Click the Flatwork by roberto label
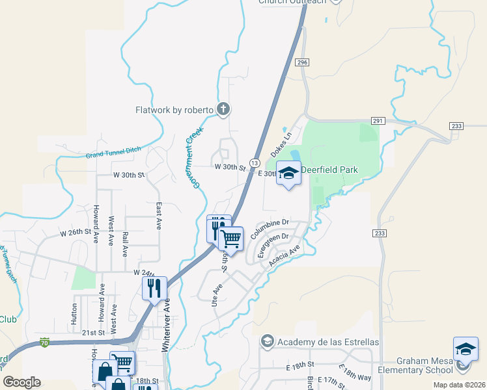point(174,110)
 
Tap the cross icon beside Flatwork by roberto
point(223,109)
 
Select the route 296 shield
point(301,62)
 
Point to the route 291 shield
point(378,121)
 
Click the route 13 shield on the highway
point(254,162)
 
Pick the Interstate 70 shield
point(44,341)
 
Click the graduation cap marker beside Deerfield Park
point(288,173)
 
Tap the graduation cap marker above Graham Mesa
point(466,349)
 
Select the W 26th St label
point(74,233)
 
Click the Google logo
point(21,382)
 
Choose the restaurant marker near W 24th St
point(154,288)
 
